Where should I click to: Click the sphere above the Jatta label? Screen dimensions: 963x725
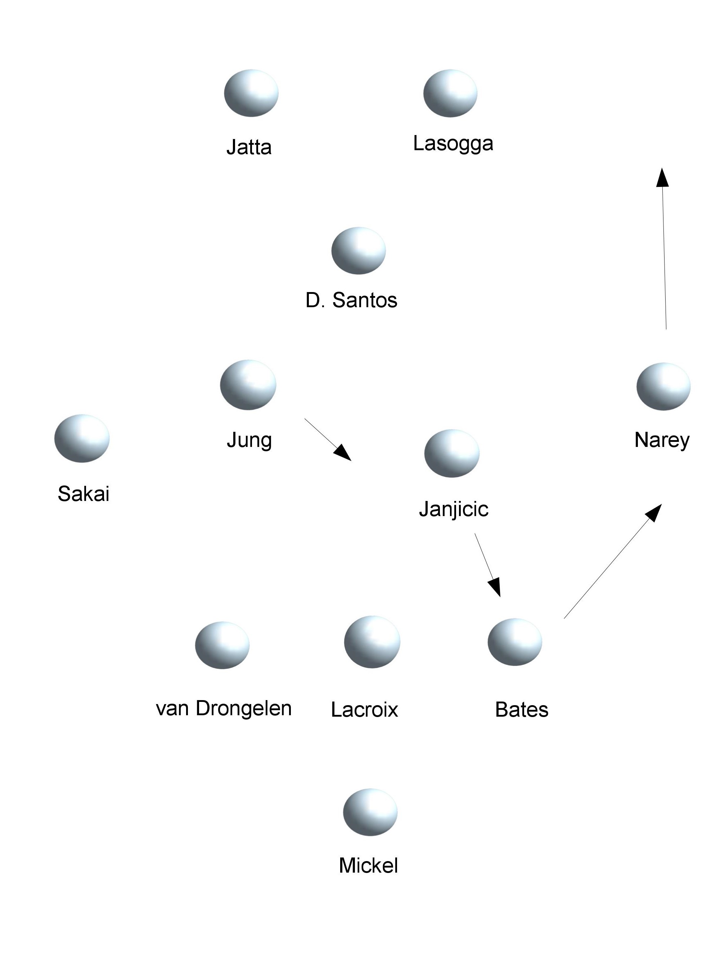[x=251, y=93]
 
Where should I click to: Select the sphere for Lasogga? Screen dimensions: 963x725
[x=450, y=93]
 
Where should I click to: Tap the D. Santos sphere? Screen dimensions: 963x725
[x=358, y=251]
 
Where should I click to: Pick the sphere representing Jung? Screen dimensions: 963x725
[x=248, y=385]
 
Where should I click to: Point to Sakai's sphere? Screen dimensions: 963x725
[x=82, y=438]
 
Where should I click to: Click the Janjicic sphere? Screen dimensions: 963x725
[x=452, y=454]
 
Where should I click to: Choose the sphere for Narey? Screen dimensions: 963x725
[x=663, y=386]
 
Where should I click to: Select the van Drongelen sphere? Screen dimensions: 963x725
[x=222, y=645]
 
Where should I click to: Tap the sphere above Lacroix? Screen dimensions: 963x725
[x=371, y=642]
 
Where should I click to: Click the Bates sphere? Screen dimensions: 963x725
[x=514, y=642]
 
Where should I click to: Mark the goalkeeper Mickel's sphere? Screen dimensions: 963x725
[x=370, y=812]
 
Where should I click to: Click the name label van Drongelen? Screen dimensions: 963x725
[x=224, y=709]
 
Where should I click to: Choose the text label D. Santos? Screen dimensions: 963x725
[x=351, y=300]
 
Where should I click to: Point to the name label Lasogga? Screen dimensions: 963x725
[x=453, y=144]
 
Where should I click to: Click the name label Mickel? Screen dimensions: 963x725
[x=368, y=865]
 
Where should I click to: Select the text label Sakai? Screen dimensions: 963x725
[x=83, y=494]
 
